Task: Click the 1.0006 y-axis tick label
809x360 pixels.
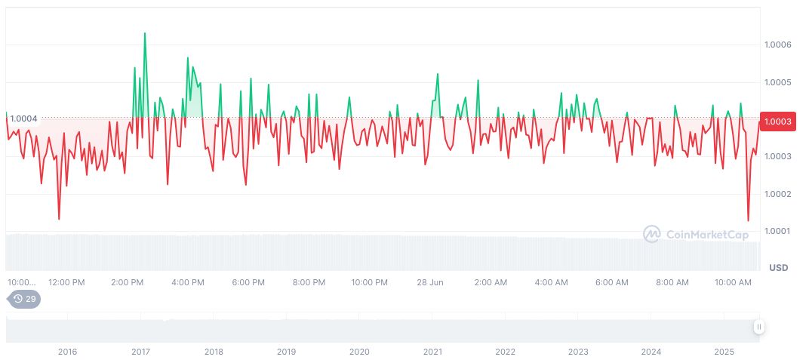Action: [x=778, y=45]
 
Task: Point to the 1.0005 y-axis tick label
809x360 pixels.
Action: [x=778, y=82]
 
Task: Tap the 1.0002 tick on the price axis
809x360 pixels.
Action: [x=778, y=194]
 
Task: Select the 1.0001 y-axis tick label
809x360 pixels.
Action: [x=778, y=231]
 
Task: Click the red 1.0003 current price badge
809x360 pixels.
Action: [x=778, y=122]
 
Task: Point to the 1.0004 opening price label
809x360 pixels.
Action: [x=23, y=118]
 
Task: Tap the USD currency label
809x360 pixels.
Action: [x=778, y=268]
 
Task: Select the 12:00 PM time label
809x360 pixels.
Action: [x=66, y=282]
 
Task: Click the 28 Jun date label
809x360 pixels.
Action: [x=430, y=282]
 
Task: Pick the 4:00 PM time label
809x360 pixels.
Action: [x=187, y=282]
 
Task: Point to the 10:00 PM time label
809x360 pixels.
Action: [x=369, y=282]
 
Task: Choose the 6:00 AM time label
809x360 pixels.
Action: [x=611, y=282]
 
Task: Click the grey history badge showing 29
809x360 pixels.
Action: [x=25, y=299]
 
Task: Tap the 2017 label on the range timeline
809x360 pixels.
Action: [x=140, y=352]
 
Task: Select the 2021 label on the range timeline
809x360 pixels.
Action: [x=432, y=352]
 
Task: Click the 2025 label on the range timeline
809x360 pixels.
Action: [x=724, y=352]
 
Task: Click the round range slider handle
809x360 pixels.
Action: [x=758, y=327]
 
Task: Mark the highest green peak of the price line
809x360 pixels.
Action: [x=145, y=33]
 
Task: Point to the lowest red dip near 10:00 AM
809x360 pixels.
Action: [x=748, y=220]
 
